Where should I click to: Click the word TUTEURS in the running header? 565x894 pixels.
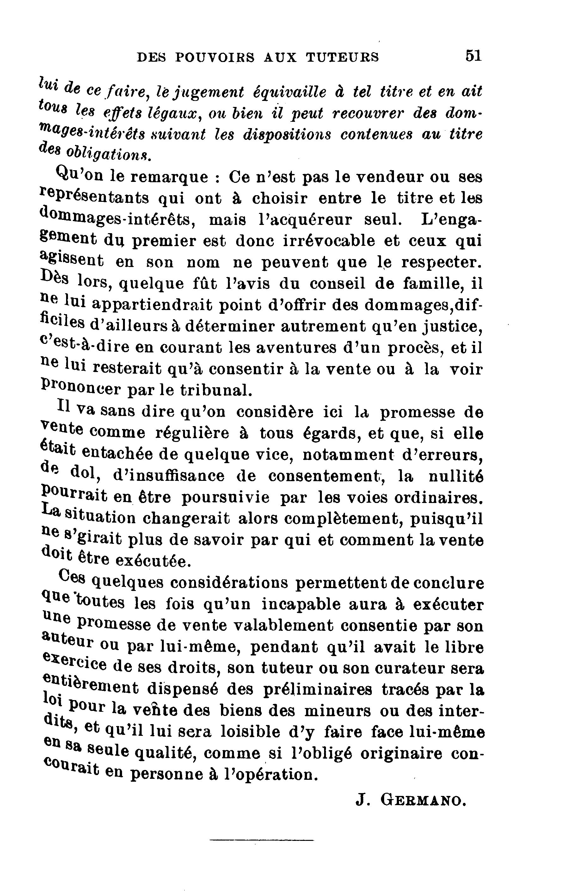click(x=342, y=57)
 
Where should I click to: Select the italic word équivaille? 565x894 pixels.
click(x=289, y=92)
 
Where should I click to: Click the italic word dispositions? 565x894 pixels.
click(x=287, y=135)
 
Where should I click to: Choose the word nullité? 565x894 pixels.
click(x=456, y=476)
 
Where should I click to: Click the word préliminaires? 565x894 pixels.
click(x=317, y=690)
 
